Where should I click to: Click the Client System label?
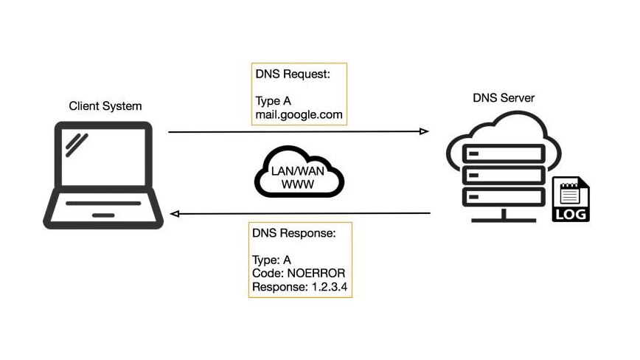[x=105, y=107]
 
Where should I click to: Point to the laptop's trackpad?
[x=103, y=215]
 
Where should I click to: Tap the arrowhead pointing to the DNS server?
[x=424, y=131]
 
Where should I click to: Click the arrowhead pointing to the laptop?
[x=174, y=214]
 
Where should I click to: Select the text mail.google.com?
[x=298, y=116]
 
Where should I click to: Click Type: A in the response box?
[x=272, y=260]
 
